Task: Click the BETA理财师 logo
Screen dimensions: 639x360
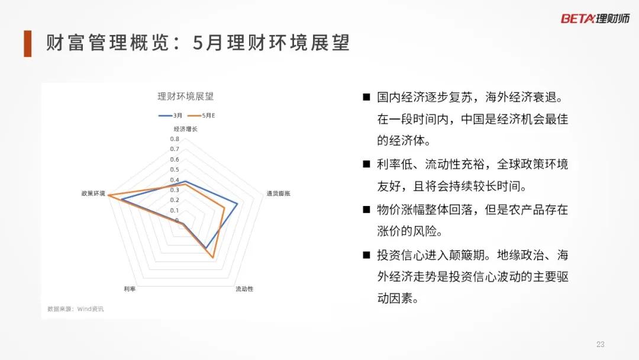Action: pyautogui.click(x=595, y=18)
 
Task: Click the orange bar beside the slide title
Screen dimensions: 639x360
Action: pyautogui.click(x=28, y=43)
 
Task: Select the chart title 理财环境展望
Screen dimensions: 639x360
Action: pyautogui.click(x=185, y=97)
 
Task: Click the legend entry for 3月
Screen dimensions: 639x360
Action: pyautogui.click(x=170, y=115)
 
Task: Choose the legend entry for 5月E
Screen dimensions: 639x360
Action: pyautogui.click(x=201, y=115)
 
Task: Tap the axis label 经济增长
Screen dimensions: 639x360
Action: pyautogui.click(x=185, y=129)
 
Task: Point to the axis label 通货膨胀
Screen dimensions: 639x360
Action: pyautogui.click(x=278, y=193)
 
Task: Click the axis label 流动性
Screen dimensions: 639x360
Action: pyautogui.click(x=244, y=289)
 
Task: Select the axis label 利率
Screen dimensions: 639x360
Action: pyautogui.click(x=130, y=289)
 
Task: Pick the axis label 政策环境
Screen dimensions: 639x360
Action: pyautogui.click(x=93, y=193)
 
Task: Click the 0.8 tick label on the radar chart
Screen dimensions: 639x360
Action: pyautogui.click(x=175, y=139)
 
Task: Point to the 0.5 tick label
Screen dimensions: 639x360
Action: pyautogui.click(x=175, y=169)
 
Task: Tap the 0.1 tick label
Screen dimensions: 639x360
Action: pyautogui.click(x=175, y=210)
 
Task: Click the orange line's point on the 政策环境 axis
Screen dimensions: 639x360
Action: pyautogui.click(x=108, y=195)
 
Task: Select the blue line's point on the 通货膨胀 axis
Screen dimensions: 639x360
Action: pyautogui.click(x=237, y=204)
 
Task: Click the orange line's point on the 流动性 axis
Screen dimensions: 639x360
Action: pyautogui.click(x=213, y=257)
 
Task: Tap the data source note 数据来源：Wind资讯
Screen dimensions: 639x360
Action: pyautogui.click(x=75, y=309)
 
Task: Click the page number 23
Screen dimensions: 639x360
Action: pyautogui.click(x=601, y=345)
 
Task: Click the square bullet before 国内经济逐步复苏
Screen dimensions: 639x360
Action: pyautogui.click(x=366, y=97)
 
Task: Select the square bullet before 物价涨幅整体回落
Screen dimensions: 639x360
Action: pyautogui.click(x=366, y=210)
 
